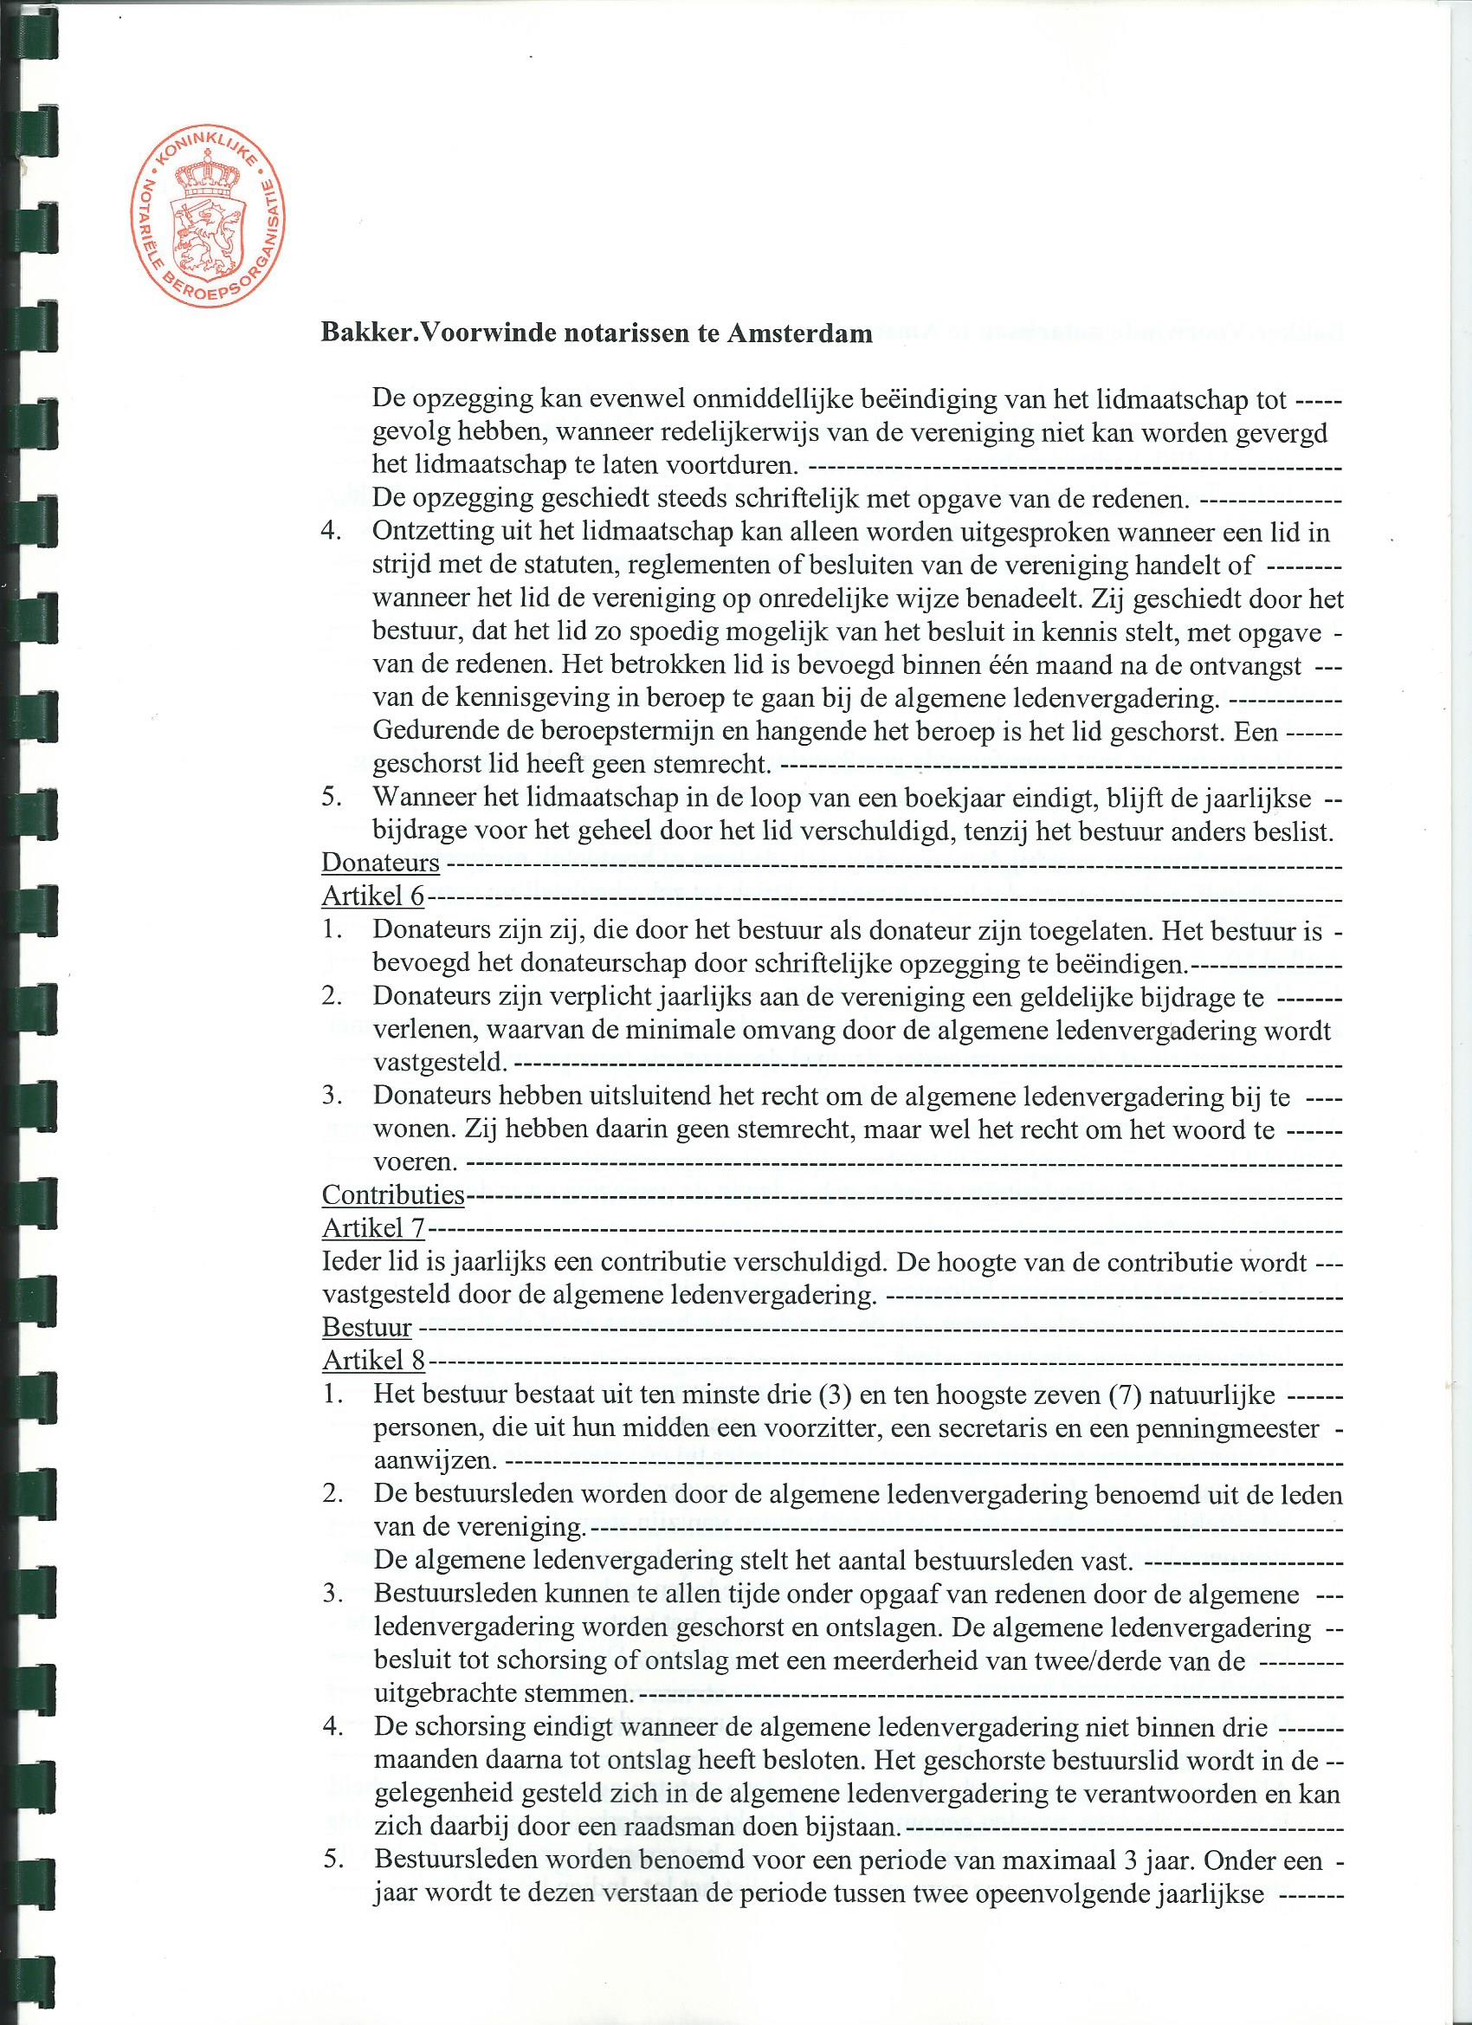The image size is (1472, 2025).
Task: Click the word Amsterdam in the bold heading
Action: pos(800,333)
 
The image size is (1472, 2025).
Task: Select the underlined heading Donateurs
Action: pos(380,864)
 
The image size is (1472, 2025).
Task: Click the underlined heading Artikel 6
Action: pos(373,896)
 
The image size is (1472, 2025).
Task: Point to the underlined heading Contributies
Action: pos(393,1194)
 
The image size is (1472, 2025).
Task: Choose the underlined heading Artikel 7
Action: pos(373,1228)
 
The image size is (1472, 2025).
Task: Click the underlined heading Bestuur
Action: pos(367,1328)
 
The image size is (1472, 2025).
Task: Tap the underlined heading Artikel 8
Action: pos(373,1361)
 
